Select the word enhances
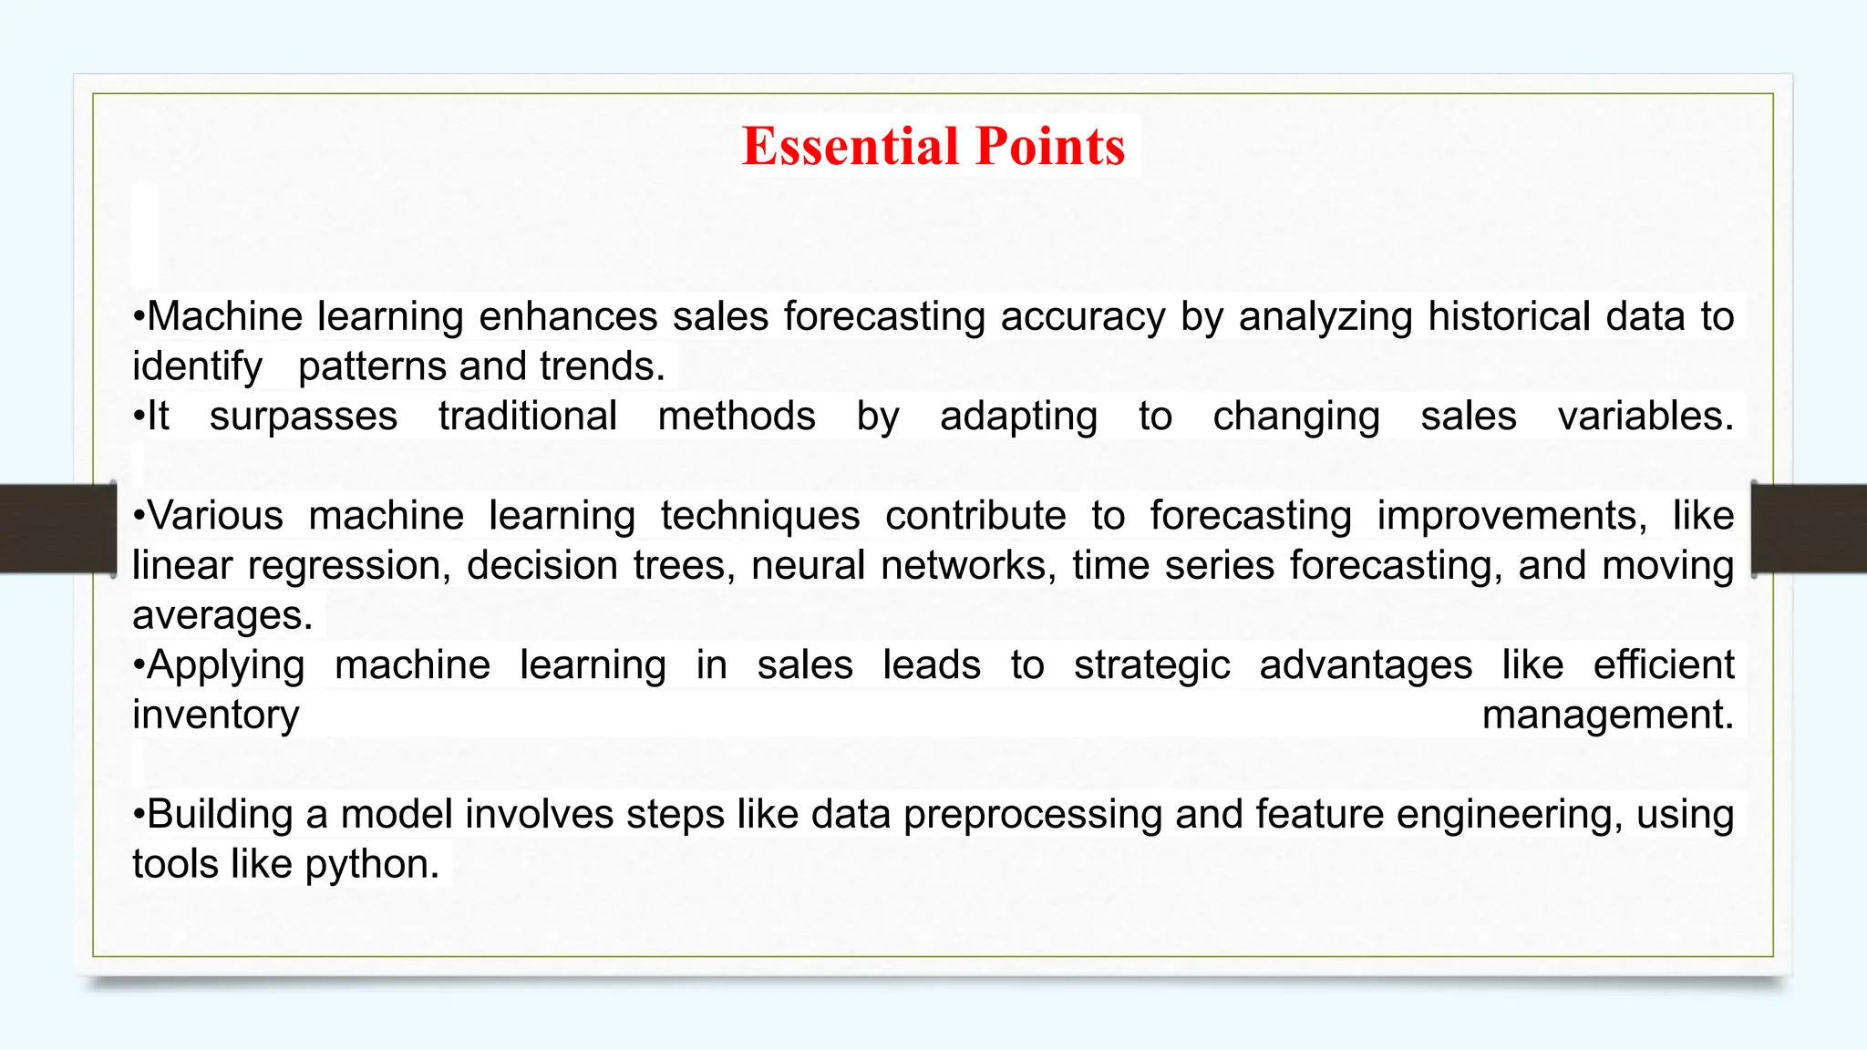[568, 317]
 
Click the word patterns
[373, 367]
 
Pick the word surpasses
[304, 417]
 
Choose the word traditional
[528, 417]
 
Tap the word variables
[1645, 417]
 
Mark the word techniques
[760, 517]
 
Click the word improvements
[1511, 517]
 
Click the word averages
[222, 616]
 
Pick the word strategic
[1151, 666]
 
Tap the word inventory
[215, 715]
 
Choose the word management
[1607, 715]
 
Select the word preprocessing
[1033, 815]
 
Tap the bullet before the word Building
[139, 815]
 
